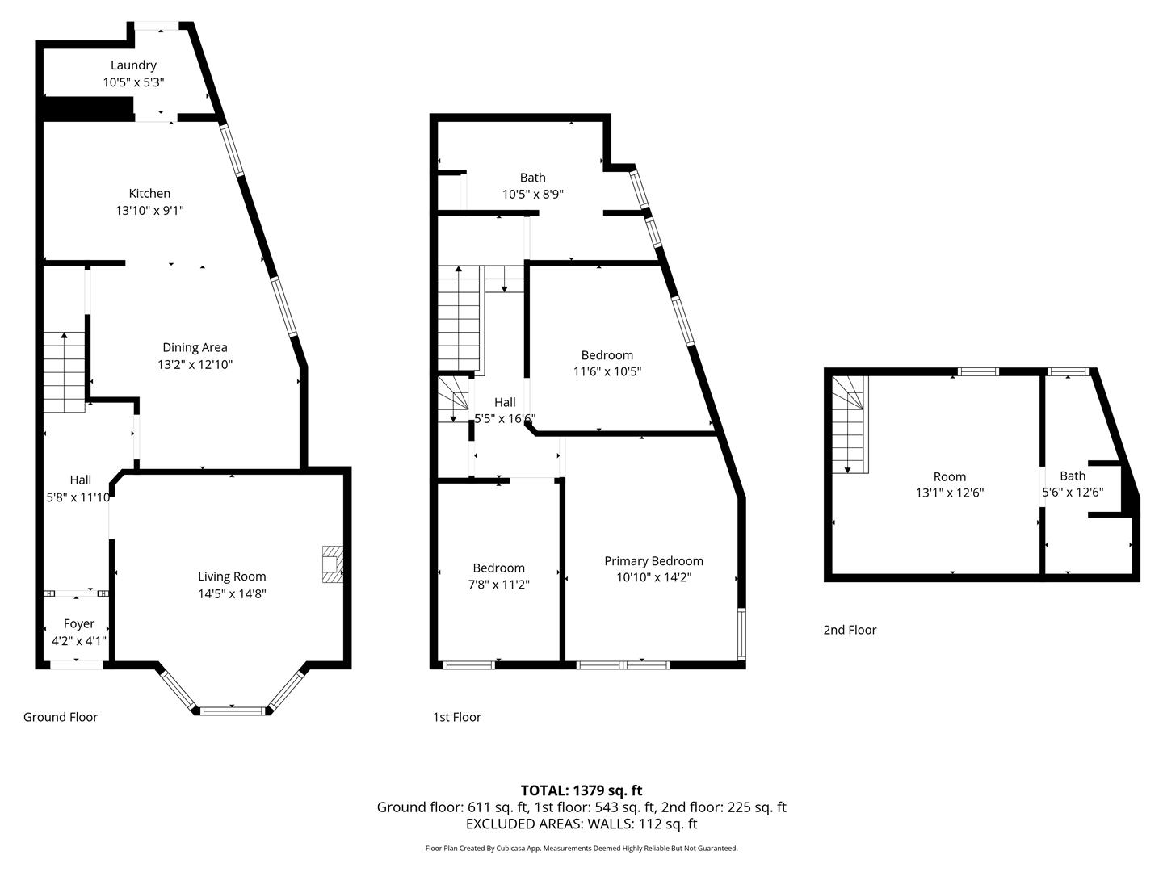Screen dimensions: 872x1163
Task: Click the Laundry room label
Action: pyautogui.click(x=133, y=65)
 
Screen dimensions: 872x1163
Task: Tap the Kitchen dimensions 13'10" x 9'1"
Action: pyautogui.click(x=149, y=211)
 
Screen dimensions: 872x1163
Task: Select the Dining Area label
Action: pyautogui.click(x=195, y=347)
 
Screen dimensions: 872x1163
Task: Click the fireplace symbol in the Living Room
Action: pyautogui.click(x=332, y=564)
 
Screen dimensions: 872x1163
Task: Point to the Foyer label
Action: pyautogui.click(x=79, y=623)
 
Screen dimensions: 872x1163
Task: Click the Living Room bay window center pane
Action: pyautogui.click(x=233, y=711)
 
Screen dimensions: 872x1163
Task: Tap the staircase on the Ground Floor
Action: pyautogui.click(x=64, y=372)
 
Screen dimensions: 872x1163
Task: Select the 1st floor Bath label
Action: pyautogui.click(x=532, y=178)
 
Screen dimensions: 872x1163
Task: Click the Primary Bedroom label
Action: pyautogui.click(x=653, y=561)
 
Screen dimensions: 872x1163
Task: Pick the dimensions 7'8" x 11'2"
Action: pyautogui.click(x=498, y=585)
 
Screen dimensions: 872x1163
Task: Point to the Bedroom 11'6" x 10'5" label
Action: pyautogui.click(x=607, y=355)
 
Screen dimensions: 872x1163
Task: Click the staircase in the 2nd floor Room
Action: pyautogui.click(x=850, y=426)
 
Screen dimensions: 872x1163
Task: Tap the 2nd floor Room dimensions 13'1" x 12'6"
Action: pyautogui.click(x=949, y=493)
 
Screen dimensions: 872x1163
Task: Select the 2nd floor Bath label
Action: pyautogui.click(x=1073, y=476)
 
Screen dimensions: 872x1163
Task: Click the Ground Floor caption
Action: pyautogui.click(x=61, y=717)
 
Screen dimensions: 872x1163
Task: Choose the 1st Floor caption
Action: pyautogui.click(x=457, y=717)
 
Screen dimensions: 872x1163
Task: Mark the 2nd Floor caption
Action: pyautogui.click(x=850, y=630)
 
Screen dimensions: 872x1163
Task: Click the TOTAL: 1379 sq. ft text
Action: pyautogui.click(x=581, y=790)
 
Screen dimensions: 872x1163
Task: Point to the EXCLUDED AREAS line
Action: pyautogui.click(x=581, y=824)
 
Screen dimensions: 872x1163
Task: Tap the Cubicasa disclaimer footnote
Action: pyautogui.click(x=581, y=849)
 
